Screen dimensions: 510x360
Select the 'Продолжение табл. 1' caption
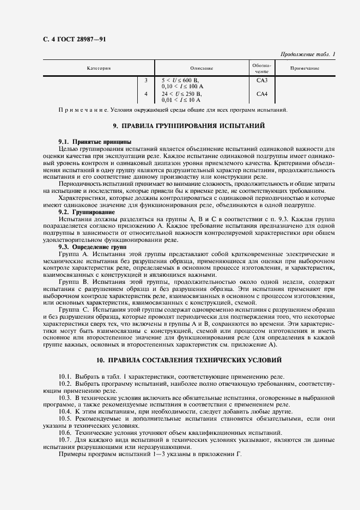click(x=308, y=54)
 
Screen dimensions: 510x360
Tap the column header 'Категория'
click(x=99, y=68)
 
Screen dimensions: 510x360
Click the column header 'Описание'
click(x=202, y=68)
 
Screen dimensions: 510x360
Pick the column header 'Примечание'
click(x=304, y=68)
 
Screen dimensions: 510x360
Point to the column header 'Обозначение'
click(x=262, y=68)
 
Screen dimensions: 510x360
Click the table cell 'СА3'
click(x=262, y=80)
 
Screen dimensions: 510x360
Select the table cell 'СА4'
click(x=262, y=94)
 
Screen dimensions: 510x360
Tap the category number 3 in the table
click(x=146, y=80)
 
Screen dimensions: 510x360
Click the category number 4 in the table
click(x=146, y=94)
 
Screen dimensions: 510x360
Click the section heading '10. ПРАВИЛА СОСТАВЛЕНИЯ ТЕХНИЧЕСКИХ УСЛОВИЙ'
click(x=188, y=361)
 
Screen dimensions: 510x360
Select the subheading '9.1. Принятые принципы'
click(x=88, y=142)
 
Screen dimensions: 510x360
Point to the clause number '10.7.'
click(x=66, y=439)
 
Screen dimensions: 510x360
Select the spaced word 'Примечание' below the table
click(x=80, y=110)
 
